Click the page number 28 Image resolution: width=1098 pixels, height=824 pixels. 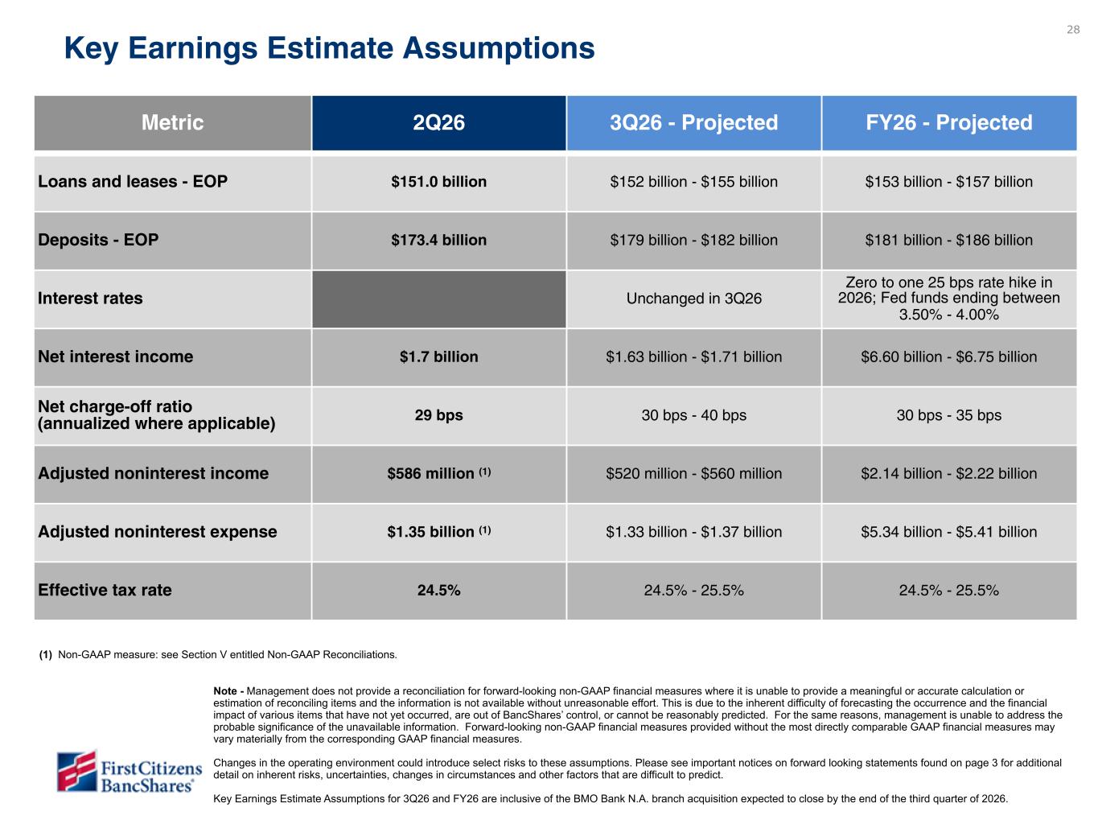pos(1072,30)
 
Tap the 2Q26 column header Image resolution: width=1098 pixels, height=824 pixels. pos(438,122)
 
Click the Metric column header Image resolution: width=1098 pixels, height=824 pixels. pos(173,122)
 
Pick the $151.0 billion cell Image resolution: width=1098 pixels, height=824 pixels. pos(438,182)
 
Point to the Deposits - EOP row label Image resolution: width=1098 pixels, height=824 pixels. pos(98,240)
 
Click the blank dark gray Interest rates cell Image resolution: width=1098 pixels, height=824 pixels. pos(438,299)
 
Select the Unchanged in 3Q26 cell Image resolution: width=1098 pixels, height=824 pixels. pos(694,299)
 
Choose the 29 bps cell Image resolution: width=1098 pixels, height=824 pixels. pos(438,415)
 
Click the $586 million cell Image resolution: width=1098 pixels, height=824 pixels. pos(438,473)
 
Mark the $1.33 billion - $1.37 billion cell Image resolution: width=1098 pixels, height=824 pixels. pos(694,532)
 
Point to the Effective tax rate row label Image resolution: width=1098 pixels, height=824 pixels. pos(105,591)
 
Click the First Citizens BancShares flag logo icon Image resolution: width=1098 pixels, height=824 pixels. pos(76,770)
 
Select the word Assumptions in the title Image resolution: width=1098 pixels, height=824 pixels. pos(499,49)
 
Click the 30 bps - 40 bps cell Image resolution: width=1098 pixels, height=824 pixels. pos(694,415)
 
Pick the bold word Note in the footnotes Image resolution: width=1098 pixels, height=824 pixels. pos(225,691)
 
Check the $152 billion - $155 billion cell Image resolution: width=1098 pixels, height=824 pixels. pos(694,182)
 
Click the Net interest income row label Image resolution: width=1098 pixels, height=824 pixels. pos(116,356)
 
